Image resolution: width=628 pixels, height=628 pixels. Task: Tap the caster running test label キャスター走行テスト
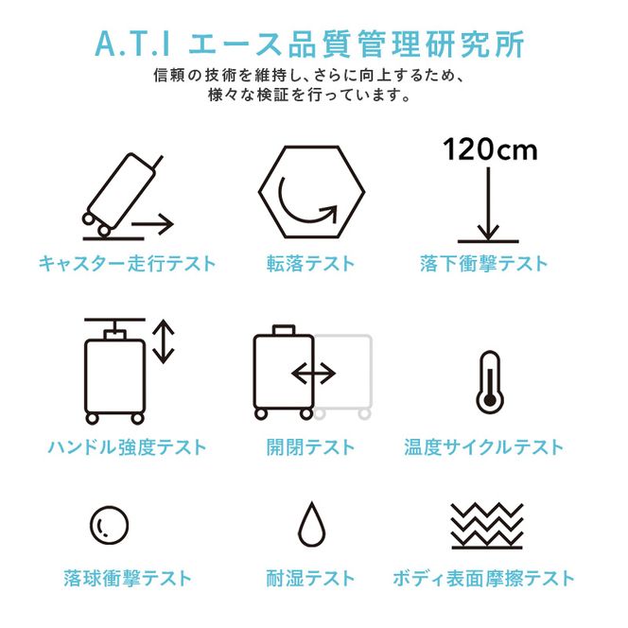[127, 264]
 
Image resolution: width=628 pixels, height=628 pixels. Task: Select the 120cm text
[489, 149]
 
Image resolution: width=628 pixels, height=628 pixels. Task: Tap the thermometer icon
[488, 382]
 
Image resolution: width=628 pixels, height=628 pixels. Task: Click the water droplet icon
[311, 522]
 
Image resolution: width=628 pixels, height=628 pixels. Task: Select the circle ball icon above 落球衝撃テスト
[109, 523]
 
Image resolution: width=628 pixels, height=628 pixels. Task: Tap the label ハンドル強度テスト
[127, 446]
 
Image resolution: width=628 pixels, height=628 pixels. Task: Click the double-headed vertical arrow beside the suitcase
[165, 342]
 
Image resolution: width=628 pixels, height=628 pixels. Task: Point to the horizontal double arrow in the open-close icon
[314, 374]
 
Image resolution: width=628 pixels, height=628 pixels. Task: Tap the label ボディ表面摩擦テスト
[483, 578]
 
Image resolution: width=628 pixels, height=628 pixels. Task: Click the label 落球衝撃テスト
[127, 578]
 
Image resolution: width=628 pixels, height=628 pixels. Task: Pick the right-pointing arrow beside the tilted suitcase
[153, 225]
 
